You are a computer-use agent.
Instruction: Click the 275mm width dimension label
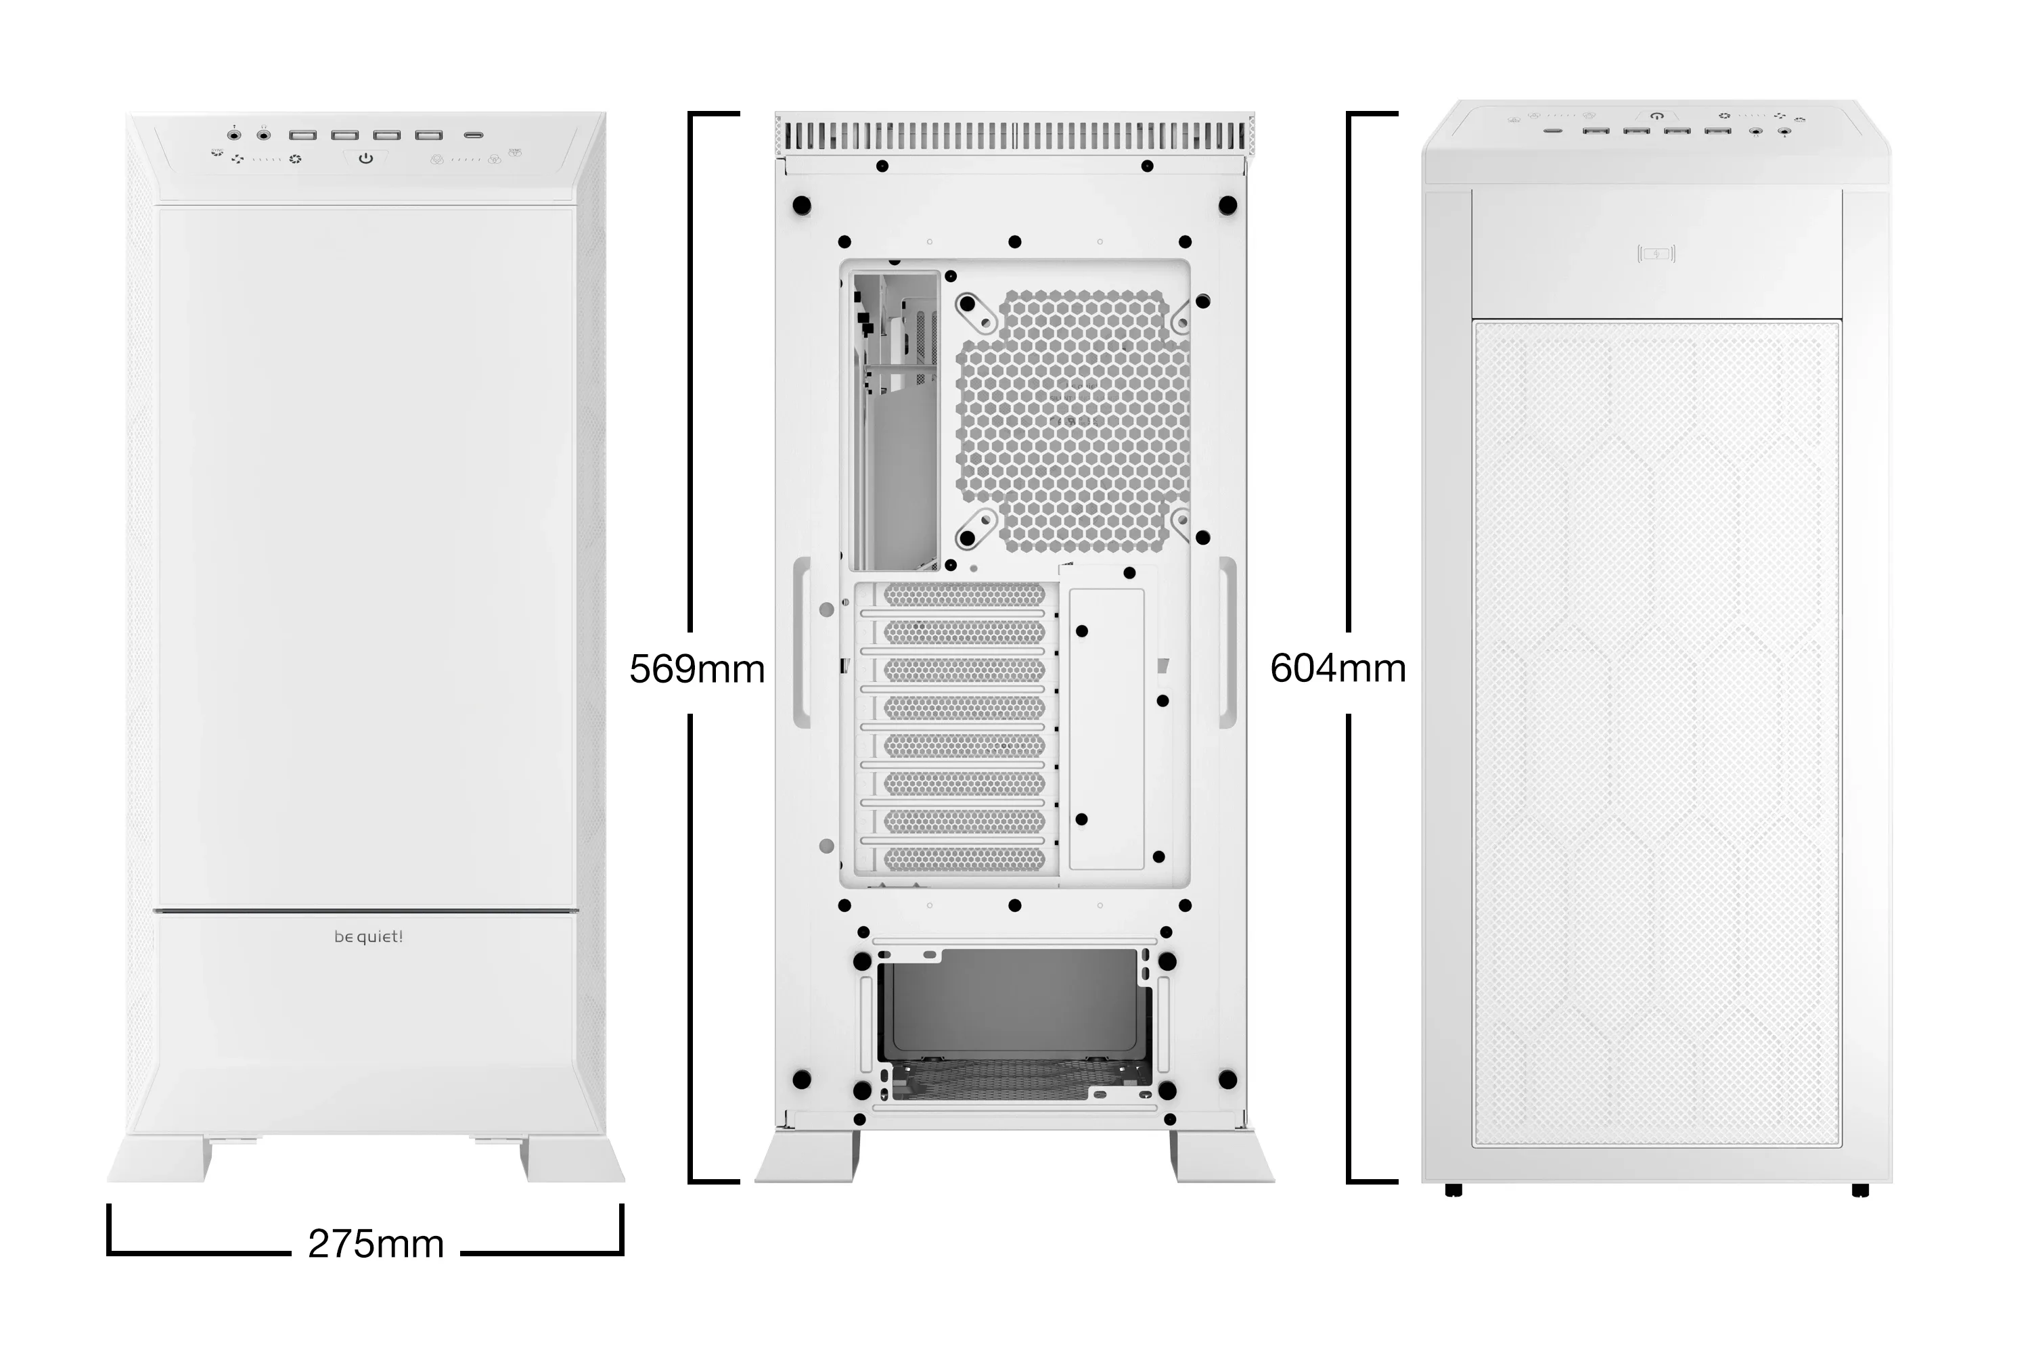tap(376, 1244)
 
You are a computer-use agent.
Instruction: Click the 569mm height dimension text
tap(696, 669)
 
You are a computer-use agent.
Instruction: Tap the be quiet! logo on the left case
tap(369, 937)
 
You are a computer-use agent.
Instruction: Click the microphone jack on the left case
tap(234, 135)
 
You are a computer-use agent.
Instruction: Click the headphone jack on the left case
tap(264, 135)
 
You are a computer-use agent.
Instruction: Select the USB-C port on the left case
tap(473, 135)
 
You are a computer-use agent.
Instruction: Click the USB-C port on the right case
tap(1553, 131)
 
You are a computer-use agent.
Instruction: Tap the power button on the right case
tap(1656, 116)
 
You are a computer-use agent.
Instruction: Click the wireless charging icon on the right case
tap(1656, 254)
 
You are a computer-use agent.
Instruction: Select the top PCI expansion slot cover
tap(964, 595)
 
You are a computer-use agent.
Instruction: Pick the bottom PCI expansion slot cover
tap(964, 858)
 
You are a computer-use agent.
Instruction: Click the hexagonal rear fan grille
tap(1075, 423)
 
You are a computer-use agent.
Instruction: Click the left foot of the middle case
tap(808, 1156)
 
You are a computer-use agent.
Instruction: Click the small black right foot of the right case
tap(1860, 1191)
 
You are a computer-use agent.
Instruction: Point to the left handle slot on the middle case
tap(802, 642)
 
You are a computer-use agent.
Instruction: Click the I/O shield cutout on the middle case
tap(896, 421)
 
